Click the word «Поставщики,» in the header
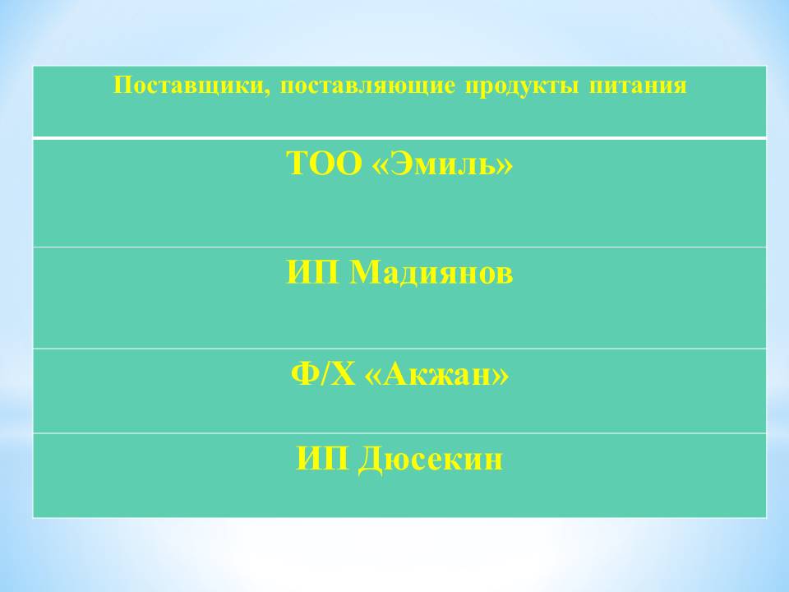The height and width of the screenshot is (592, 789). (x=191, y=86)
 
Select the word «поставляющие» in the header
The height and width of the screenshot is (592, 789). (x=367, y=86)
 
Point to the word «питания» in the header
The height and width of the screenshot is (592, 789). (x=638, y=86)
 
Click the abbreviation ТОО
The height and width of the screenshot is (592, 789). (x=324, y=163)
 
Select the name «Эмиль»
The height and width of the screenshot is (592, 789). (x=442, y=163)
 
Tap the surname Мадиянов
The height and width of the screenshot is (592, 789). (x=431, y=273)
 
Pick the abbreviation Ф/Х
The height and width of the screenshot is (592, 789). (x=322, y=374)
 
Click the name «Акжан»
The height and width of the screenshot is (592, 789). (x=436, y=374)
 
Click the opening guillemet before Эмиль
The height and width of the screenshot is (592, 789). (x=381, y=166)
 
